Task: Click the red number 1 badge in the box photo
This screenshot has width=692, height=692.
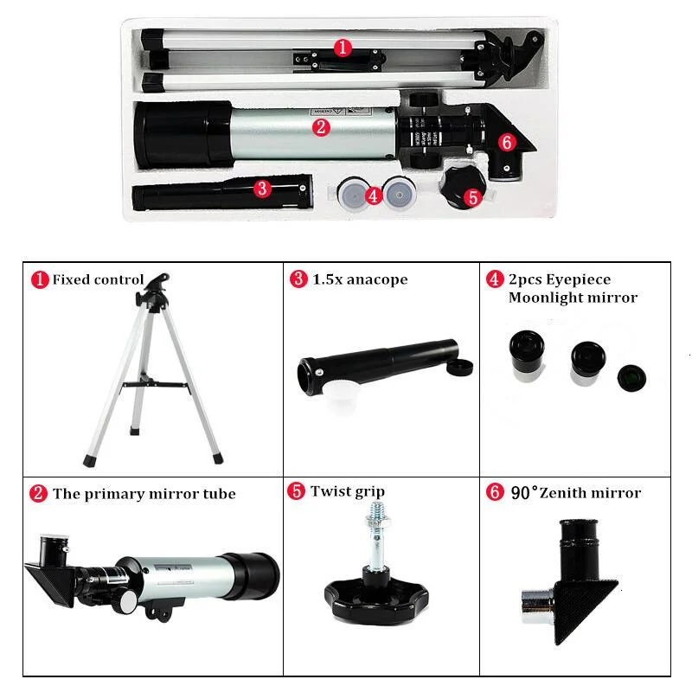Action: click(343, 48)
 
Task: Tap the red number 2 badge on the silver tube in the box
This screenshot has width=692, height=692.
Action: click(321, 127)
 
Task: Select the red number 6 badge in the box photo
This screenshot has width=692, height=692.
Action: click(507, 140)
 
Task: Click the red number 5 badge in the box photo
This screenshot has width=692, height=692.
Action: click(472, 196)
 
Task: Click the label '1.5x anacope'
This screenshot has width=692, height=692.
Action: click(358, 279)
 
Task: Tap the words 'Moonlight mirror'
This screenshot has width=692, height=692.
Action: click(573, 298)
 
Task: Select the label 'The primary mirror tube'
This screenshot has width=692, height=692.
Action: click(144, 494)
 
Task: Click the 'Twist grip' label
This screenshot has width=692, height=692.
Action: click(347, 491)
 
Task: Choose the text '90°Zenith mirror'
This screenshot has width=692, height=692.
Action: click(575, 493)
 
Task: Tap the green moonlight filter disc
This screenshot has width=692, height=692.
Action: click(630, 376)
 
